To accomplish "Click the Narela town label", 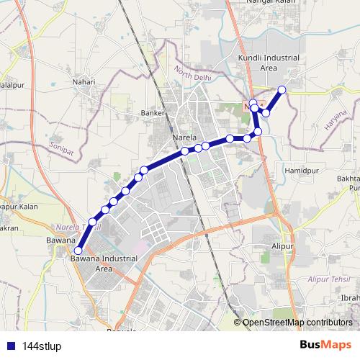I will pos(185,135).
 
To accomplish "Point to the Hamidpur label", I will pos(301,171).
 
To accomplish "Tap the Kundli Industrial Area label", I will pos(257,63).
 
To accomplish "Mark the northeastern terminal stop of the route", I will pos(282,89).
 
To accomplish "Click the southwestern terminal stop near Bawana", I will pos(77,251).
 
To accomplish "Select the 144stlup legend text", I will pos(42,346).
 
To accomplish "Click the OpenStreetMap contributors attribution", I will pos(297,323).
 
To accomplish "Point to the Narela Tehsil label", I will pos(81,226).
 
